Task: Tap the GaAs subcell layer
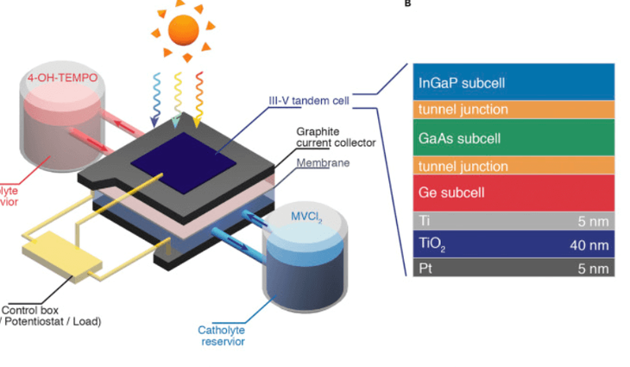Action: coord(513,137)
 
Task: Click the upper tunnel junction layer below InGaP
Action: coord(513,110)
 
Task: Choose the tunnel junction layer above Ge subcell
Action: coord(513,165)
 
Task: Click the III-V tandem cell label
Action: coord(308,101)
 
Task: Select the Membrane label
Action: coord(324,162)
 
